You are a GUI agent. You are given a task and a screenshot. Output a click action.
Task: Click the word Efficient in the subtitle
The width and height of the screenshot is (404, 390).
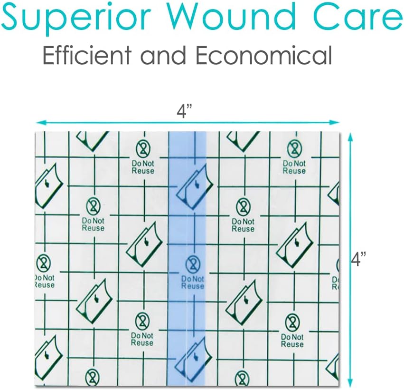(x=87, y=55)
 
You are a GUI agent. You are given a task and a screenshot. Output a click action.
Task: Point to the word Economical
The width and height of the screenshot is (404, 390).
(x=264, y=55)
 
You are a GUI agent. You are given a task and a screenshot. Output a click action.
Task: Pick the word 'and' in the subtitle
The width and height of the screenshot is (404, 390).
(x=163, y=55)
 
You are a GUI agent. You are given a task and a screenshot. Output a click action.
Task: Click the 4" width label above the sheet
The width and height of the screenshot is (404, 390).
(x=185, y=111)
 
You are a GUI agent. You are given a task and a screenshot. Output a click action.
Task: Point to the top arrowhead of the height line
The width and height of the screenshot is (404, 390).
(x=350, y=137)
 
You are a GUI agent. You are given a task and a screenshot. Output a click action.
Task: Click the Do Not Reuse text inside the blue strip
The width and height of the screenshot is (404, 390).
(x=193, y=283)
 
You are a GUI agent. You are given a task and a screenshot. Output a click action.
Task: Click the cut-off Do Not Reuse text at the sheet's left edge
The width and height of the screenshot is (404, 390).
(x=45, y=282)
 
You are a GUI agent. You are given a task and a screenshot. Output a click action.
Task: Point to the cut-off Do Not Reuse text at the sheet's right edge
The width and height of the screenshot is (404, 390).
(x=335, y=283)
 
